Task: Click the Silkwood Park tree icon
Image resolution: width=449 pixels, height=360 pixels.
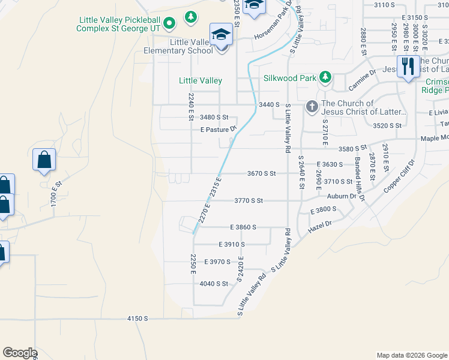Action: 325,76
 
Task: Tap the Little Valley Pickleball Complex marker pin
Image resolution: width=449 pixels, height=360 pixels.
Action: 169,24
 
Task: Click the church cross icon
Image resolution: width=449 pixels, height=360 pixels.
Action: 312,107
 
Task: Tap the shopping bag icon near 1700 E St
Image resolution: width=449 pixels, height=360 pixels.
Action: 44,160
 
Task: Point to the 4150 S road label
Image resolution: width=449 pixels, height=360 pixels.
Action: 137,319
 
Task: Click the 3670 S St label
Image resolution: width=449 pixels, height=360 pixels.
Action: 261,173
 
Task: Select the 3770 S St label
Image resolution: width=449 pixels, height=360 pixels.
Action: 249,200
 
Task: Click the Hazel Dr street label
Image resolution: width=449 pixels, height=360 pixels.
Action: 319,225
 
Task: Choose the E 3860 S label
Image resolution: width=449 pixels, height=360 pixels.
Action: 243,227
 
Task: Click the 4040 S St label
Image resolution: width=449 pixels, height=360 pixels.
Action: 214,283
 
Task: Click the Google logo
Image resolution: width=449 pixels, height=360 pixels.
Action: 19,353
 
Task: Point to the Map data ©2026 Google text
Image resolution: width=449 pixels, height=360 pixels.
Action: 411,355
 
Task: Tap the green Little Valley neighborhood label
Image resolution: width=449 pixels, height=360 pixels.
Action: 200,80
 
